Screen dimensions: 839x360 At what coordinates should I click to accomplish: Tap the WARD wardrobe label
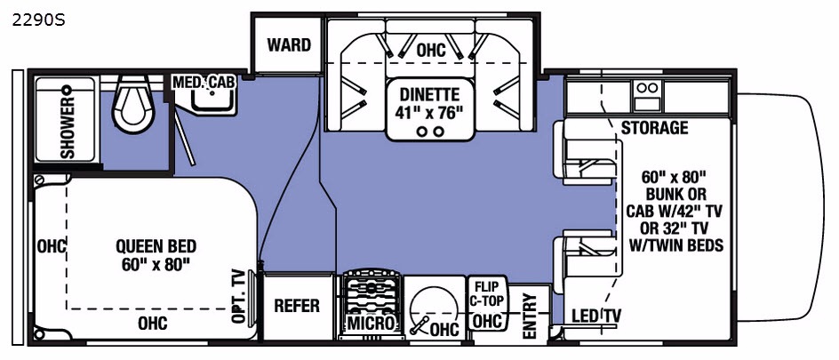click(x=289, y=45)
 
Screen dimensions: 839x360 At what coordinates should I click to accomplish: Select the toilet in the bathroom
click(x=132, y=104)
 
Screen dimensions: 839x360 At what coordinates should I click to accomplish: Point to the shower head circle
click(x=67, y=89)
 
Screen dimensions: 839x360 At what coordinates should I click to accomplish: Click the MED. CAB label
click(x=204, y=83)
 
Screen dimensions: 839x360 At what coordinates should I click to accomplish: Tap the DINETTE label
click(x=429, y=95)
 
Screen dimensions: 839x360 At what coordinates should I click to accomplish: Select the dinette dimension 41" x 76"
click(x=429, y=114)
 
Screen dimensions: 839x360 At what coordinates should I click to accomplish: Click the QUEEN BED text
click(x=156, y=246)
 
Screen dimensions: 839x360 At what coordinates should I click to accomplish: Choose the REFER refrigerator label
click(x=297, y=306)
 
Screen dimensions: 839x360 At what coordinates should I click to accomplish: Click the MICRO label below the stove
click(x=372, y=323)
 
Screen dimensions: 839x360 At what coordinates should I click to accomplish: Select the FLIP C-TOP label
click(x=486, y=293)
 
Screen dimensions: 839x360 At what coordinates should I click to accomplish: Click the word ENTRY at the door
click(x=529, y=316)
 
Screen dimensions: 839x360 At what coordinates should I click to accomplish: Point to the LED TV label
click(x=595, y=316)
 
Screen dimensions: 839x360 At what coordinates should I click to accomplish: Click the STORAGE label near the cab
click(x=654, y=127)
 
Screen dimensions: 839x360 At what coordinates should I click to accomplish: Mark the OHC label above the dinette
click(x=431, y=51)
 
